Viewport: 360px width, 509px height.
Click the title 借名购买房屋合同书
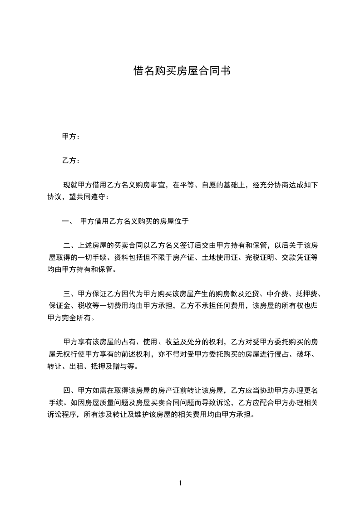point(180,71)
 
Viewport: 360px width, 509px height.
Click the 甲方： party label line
point(71,137)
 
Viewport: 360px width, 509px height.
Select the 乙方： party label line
point(71,161)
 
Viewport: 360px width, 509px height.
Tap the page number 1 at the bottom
point(180,483)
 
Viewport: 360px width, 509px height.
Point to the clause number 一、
point(68,222)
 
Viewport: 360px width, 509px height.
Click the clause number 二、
point(70,246)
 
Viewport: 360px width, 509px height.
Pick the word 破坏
point(303,353)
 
